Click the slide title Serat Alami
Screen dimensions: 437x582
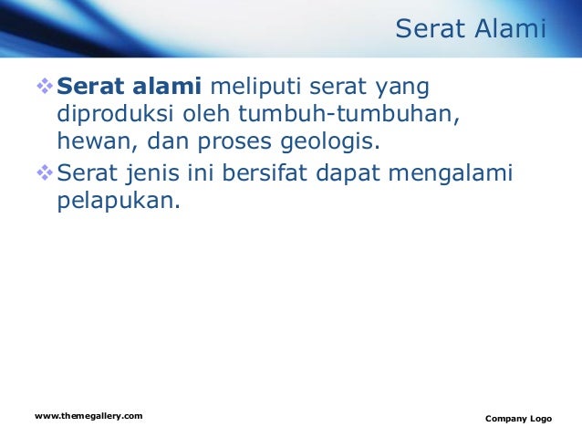pos(470,30)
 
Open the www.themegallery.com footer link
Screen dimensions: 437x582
pos(88,416)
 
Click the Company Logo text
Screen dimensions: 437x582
pos(518,419)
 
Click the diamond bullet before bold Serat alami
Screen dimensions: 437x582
pos(45,87)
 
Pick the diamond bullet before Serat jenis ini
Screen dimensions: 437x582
pos(45,171)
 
